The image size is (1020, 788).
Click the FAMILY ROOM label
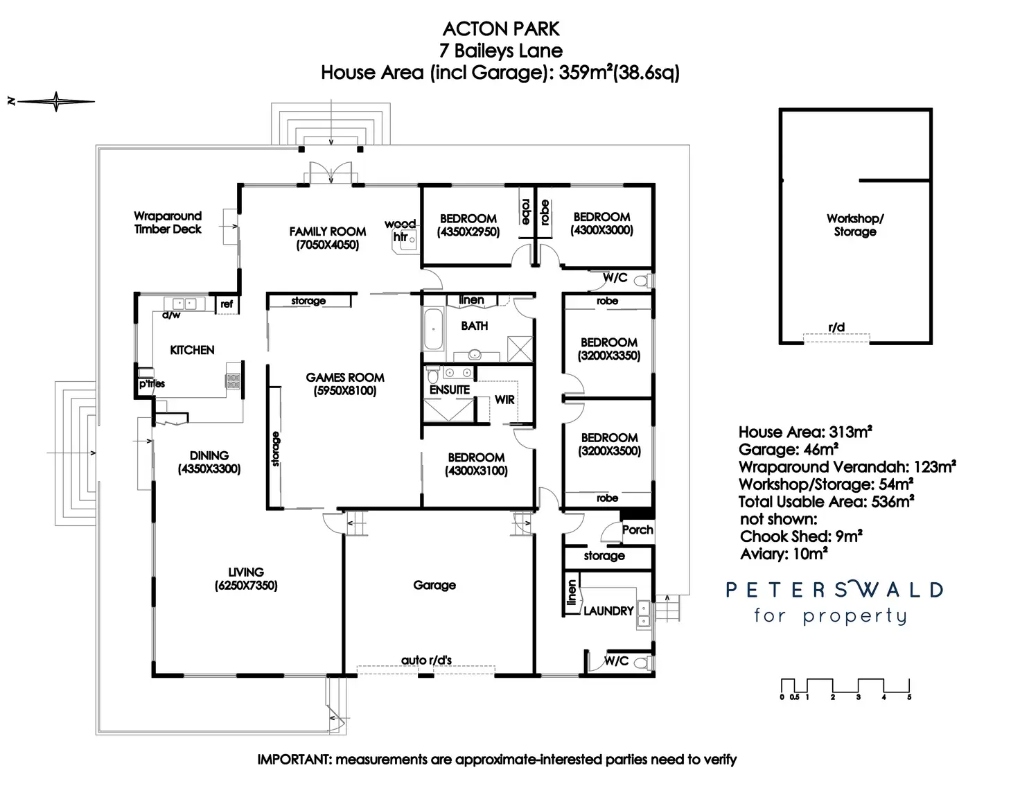(x=327, y=231)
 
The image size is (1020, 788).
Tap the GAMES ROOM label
(x=345, y=378)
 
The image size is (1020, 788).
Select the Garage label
(x=434, y=585)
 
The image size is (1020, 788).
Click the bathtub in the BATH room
(x=433, y=330)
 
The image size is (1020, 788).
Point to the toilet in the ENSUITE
(x=434, y=376)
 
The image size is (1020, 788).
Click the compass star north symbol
(x=55, y=102)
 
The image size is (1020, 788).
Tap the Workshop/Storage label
(x=855, y=225)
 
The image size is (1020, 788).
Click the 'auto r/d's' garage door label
(x=426, y=660)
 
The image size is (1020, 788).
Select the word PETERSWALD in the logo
(x=834, y=590)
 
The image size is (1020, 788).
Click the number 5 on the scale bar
(x=909, y=697)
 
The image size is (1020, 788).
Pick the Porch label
(x=637, y=529)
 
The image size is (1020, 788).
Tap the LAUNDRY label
(x=608, y=611)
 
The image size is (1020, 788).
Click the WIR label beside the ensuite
(x=504, y=400)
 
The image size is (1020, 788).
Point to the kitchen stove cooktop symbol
(x=233, y=380)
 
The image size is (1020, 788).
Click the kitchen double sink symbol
(x=184, y=304)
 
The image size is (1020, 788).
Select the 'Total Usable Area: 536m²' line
(x=826, y=502)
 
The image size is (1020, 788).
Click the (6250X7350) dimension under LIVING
(x=246, y=586)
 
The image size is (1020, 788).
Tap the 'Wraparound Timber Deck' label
(x=168, y=222)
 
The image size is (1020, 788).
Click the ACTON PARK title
(x=501, y=29)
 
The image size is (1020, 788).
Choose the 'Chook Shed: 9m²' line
(x=801, y=536)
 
